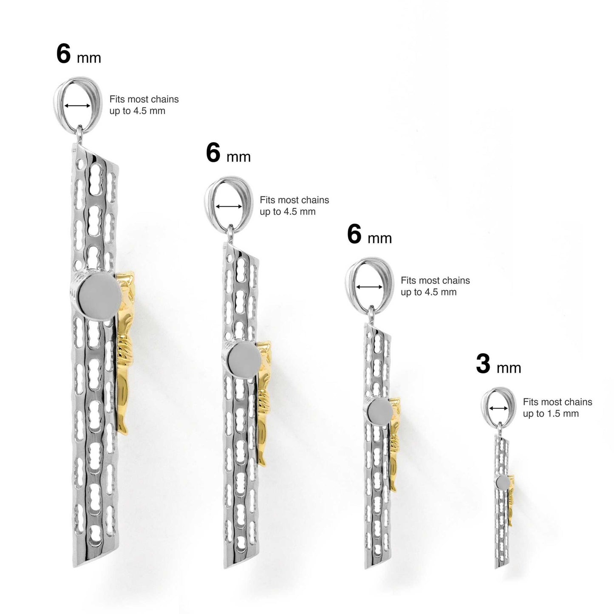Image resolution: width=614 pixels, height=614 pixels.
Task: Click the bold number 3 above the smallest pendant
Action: [483, 364]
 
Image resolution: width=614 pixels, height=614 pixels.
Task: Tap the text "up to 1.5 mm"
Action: [551, 414]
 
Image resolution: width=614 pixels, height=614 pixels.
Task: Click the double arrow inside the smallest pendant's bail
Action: [499, 408]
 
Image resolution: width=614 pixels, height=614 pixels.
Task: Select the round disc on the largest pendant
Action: [99, 294]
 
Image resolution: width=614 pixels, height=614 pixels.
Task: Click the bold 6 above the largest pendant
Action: [63, 54]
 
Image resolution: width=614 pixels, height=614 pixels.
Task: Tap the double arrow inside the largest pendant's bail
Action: [77, 106]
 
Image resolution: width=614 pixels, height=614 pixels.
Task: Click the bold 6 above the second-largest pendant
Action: [213, 152]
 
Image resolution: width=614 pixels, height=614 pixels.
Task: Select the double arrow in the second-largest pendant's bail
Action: [229, 207]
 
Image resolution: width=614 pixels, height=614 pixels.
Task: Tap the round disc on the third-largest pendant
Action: [380, 412]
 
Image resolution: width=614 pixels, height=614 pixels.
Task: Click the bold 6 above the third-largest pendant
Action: [354, 234]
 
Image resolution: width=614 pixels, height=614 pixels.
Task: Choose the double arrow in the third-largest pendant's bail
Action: [369, 287]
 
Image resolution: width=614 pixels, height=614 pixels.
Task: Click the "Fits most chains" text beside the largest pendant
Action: [144, 99]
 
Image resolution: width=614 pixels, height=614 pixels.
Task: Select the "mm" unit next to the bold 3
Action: [509, 368]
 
